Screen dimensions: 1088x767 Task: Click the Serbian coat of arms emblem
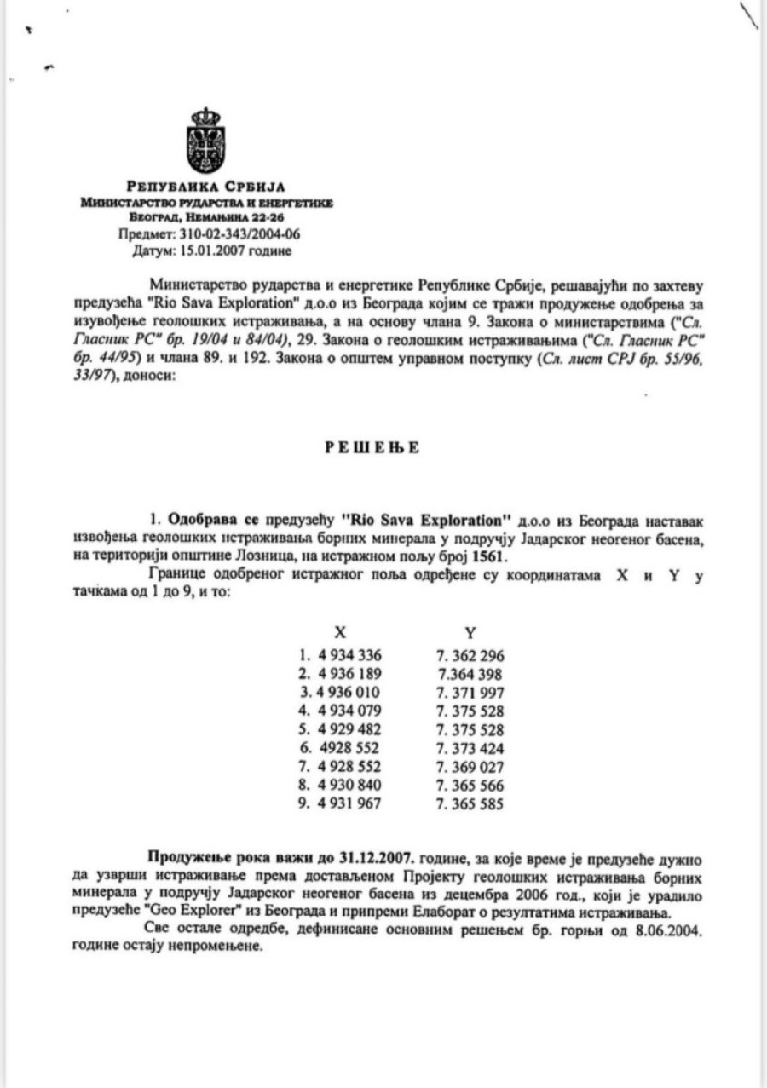pos(205,140)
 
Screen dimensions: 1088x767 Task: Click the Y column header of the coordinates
pos(470,632)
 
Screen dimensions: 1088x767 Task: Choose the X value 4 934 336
pos(349,655)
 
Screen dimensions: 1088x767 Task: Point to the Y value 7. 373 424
pos(470,748)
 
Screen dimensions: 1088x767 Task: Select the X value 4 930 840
pos(349,786)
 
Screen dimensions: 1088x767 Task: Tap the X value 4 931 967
pos(349,804)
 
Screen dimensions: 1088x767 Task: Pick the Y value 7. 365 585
pos(470,804)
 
